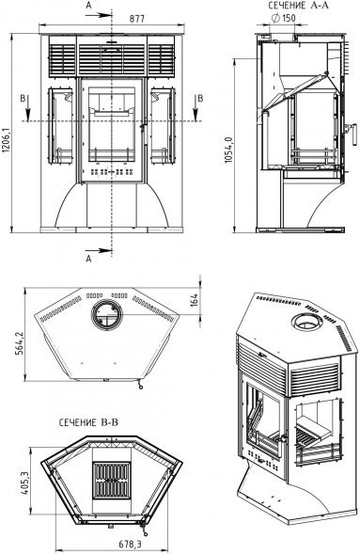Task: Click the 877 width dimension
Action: (136, 19)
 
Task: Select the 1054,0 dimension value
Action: (228, 150)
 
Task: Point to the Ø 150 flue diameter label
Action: (284, 18)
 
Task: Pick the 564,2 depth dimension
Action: (20, 342)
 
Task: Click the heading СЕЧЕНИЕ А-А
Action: (298, 6)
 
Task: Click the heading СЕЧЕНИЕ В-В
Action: (88, 422)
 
